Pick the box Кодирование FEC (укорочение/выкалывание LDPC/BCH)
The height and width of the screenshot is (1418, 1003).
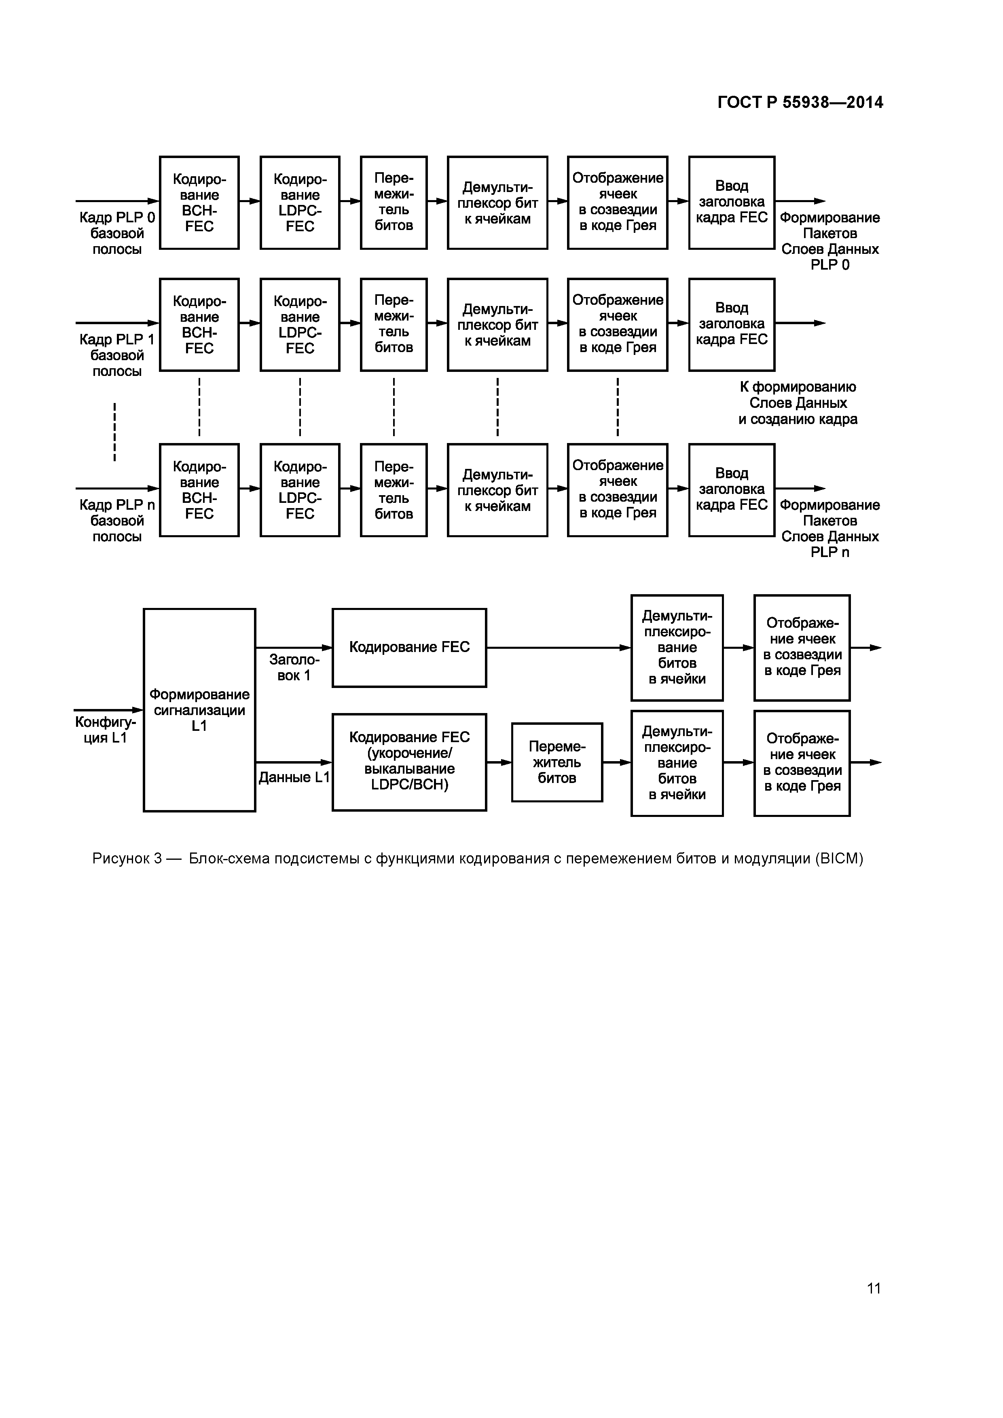[409, 762]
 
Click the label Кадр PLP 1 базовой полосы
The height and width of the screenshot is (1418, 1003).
[117, 355]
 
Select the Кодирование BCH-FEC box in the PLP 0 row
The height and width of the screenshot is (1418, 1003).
[199, 203]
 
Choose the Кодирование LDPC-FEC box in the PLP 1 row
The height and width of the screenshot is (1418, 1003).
[300, 325]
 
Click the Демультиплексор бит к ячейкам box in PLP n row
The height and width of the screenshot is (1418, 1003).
[497, 490]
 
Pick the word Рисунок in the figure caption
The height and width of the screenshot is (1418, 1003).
[121, 859]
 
